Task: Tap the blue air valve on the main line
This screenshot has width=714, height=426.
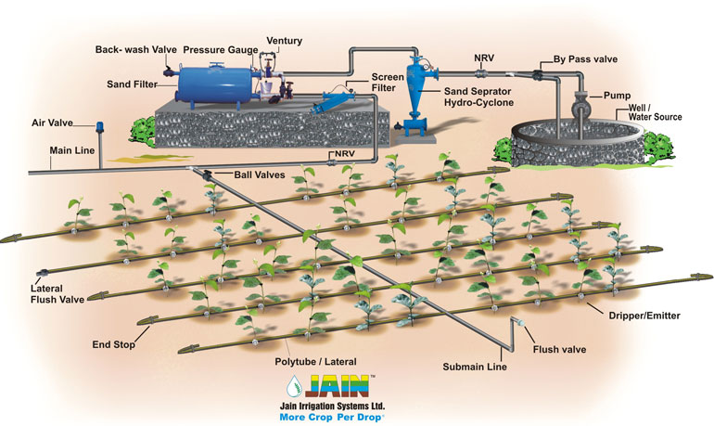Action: [x=98, y=124]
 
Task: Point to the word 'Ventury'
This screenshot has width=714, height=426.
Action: [x=285, y=41]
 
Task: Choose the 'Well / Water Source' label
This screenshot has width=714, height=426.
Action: [x=650, y=111]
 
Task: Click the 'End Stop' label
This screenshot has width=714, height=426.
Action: [x=114, y=344]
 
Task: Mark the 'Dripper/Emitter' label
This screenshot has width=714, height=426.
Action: [x=645, y=316]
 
